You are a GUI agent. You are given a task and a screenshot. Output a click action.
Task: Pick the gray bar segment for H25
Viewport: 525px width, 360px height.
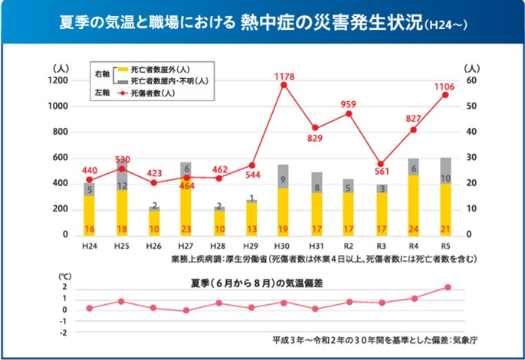coord(121,177)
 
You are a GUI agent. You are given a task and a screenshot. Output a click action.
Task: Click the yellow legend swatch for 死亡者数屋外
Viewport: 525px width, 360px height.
coord(120,69)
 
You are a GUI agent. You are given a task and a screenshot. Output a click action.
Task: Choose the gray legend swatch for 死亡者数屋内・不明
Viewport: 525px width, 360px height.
coord(120,80)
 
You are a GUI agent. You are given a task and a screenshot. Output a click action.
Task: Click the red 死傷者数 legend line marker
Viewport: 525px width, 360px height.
coord(120,92)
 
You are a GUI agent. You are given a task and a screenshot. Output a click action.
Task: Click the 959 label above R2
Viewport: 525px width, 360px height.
coord(349,104)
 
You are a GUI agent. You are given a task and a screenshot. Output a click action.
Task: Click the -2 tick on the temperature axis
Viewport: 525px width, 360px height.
coord(65,332)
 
